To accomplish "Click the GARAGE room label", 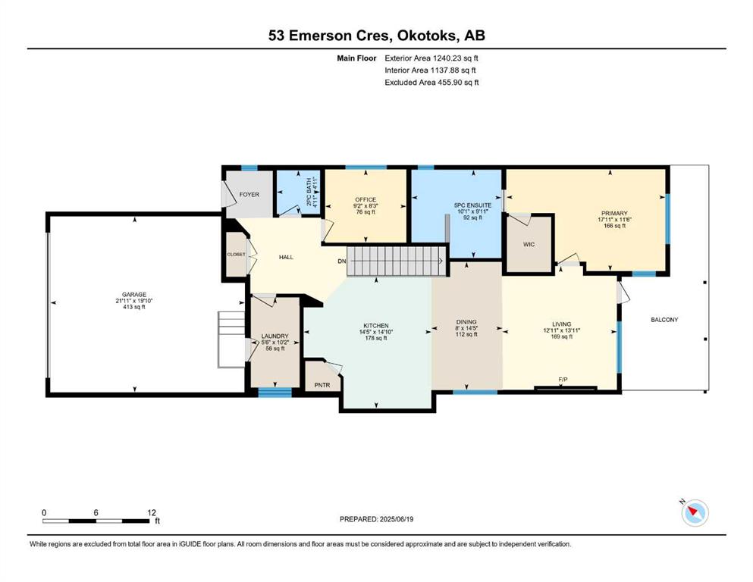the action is [134, 295].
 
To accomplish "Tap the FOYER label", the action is [249, 194].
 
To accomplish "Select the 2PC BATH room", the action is [298, 192].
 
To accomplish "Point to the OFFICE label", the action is [366, 199].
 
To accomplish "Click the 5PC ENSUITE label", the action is [472, 205].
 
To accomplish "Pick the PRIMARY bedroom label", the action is [614, 213].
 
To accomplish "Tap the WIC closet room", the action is [529, 244].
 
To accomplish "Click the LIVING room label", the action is [561, 324].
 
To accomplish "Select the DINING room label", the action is [466, 322].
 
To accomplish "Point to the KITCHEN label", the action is [376, 325].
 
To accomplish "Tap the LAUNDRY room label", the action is [275, 336].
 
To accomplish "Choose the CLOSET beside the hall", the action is [237, 255].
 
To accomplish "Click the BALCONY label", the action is [664, 320].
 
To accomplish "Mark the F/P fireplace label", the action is [563, 380].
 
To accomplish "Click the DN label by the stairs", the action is [341, 261].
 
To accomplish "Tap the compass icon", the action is [695, 512].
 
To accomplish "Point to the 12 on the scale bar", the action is [152, 512].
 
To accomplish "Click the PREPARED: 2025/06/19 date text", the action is [376, 519].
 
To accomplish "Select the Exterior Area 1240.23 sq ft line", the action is [431, 58].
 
